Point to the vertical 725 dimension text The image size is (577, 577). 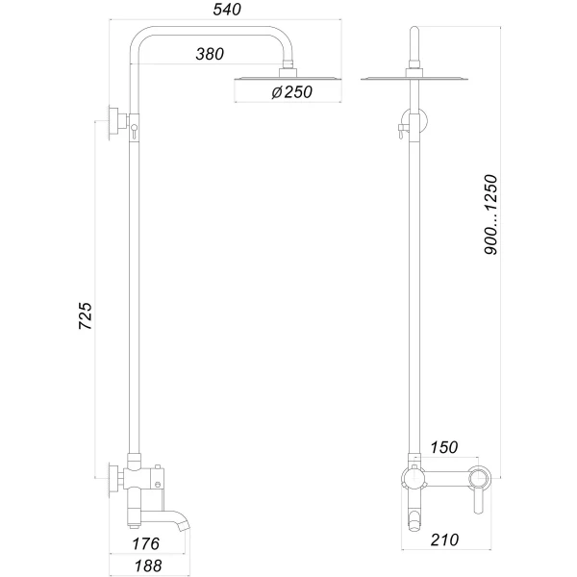coord(84,316)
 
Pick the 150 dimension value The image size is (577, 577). coord(443,447)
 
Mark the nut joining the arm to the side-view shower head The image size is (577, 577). coord(287,71)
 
